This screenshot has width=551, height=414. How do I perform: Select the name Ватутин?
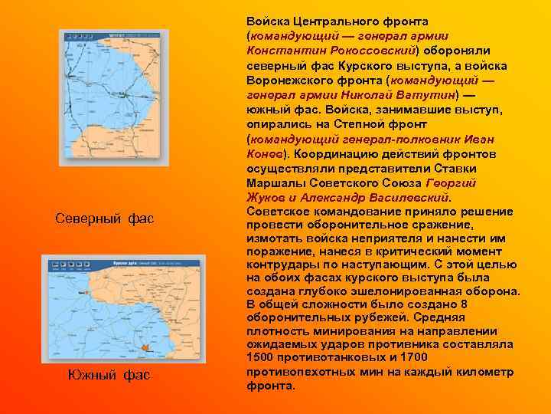429,94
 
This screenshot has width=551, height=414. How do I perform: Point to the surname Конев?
262,153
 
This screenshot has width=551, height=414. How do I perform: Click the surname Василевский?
410,197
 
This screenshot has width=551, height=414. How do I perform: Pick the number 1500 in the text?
262,358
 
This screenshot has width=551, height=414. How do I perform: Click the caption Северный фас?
105,219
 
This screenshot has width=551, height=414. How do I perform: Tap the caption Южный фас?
109,375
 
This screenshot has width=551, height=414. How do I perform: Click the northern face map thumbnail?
113,97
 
